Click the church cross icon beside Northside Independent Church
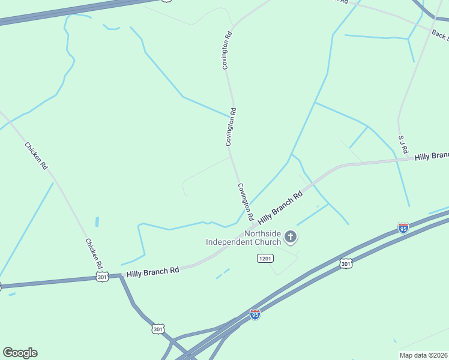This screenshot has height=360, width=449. click(291, 238)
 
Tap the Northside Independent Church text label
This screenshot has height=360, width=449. click(243, 238)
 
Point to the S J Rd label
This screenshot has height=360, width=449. click(402, 145)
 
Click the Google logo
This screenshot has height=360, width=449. click(20, 352)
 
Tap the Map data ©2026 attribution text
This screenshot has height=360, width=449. click(423, 355)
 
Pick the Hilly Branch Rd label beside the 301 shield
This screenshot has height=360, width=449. click(152, 271)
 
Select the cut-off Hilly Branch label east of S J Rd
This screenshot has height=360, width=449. click(431, 156)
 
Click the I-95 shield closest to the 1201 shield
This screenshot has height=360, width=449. click(255, 314)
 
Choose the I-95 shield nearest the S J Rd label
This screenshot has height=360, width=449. click(403, 228)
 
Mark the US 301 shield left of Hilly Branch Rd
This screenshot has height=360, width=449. click(103, 277)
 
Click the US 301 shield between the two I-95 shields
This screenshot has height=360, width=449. click(345, 263)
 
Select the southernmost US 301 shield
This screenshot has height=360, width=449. click(158, 329)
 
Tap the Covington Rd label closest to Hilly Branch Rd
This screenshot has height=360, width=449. click(246, 201)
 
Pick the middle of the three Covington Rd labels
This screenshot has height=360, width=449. click(231, 127)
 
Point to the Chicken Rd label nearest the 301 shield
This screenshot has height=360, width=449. click(93, 254)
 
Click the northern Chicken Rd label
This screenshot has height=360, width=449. click(35, 155)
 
